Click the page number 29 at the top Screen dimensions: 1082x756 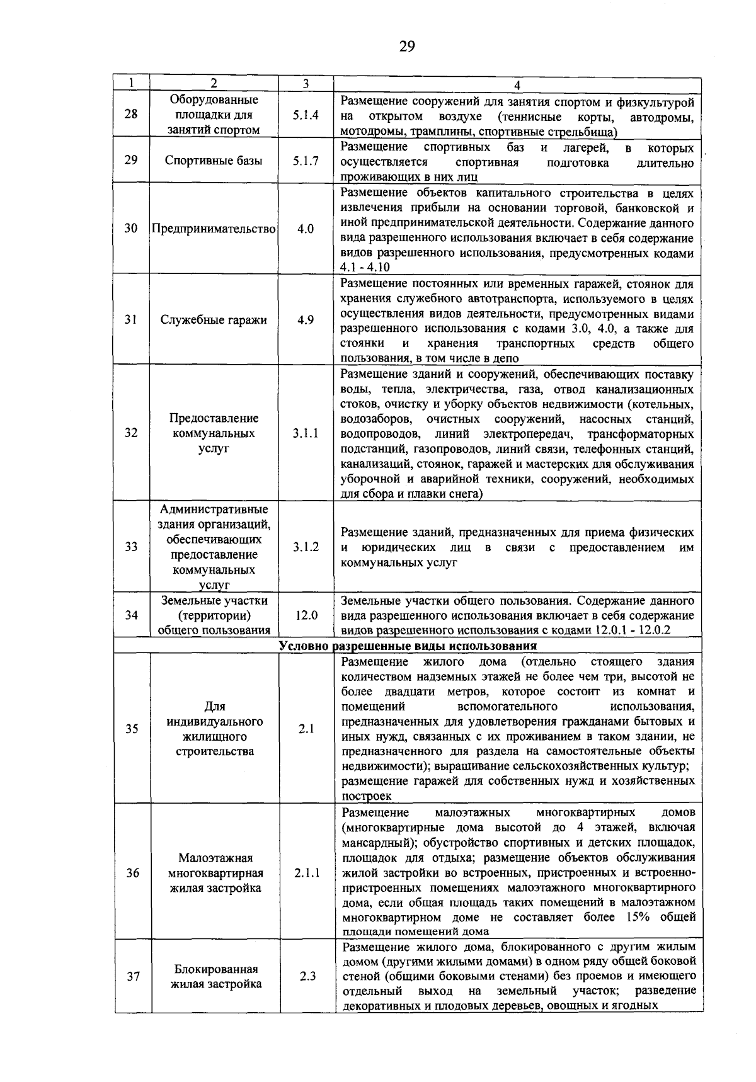tap(407, 47)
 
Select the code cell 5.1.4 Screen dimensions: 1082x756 tap(306, 115)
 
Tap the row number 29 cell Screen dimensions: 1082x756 tap(131, 160)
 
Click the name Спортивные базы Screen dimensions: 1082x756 tap(214, 160)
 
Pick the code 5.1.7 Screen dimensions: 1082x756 tap(306, 160)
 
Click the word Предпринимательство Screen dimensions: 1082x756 tap(214, 229)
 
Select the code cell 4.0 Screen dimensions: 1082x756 tap(306, 229)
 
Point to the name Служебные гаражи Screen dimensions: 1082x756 tap(214, 320)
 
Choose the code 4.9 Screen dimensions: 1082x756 tap(306, 320)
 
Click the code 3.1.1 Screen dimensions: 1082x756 tap(306, 433)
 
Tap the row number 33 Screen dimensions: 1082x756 tap(131, 547)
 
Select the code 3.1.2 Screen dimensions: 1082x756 tap(306, 547)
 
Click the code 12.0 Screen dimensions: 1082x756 tap(306, 615)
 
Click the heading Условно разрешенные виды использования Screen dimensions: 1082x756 tap(408, 646)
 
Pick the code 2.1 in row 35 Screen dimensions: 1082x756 tap(306, 729)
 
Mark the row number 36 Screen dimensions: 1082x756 tap(131, 873)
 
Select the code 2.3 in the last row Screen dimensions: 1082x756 tap(307, 977)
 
